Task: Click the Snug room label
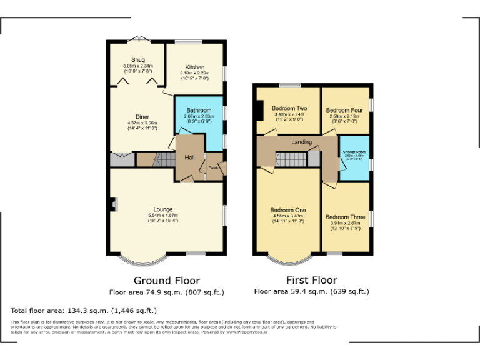(137, 61)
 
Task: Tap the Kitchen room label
(194, 67)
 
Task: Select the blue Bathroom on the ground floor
(199, 119)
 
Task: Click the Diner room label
(142, 117)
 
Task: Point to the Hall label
(189, 157)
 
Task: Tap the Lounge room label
(163, 209)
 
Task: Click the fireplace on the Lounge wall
(112, 204)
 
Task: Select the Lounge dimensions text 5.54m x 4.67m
(163, 215)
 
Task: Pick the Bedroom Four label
(342, 110)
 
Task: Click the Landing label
(301, 142)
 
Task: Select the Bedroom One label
(287, 210)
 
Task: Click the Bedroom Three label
(342, 217)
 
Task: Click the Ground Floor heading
(167, 281)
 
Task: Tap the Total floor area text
(84, 311)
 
